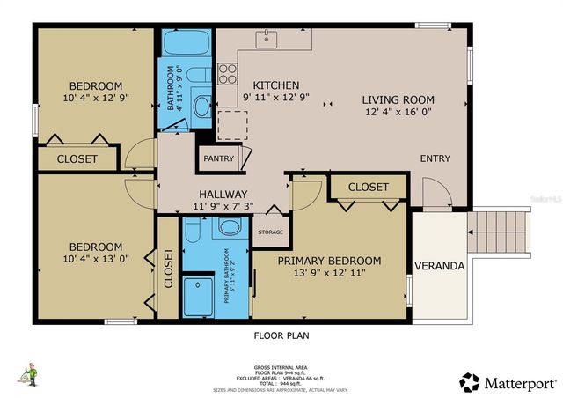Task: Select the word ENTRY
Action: click(x=435, y=158)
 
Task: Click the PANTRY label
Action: click(x=217, y=158)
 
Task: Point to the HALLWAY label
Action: click(x=223, y=194)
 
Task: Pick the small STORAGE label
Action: click(x=269, y=232)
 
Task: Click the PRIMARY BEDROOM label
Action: click(x=329, y=261)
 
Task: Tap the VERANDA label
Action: click(x=440, y=265)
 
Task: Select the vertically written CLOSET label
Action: click(x=168, y=269)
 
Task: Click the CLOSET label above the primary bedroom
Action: click(x=368, y=188)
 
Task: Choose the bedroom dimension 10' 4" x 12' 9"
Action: click(x=97, y=99)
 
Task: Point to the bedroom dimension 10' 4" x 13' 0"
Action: click(x=97, y=259)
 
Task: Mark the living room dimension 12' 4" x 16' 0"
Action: click(x=399, y=112)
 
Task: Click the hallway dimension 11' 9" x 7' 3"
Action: click(x=223, y=207)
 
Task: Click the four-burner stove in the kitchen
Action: click(x=228, y=72)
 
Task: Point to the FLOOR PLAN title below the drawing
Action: click(x=281, y=335)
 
